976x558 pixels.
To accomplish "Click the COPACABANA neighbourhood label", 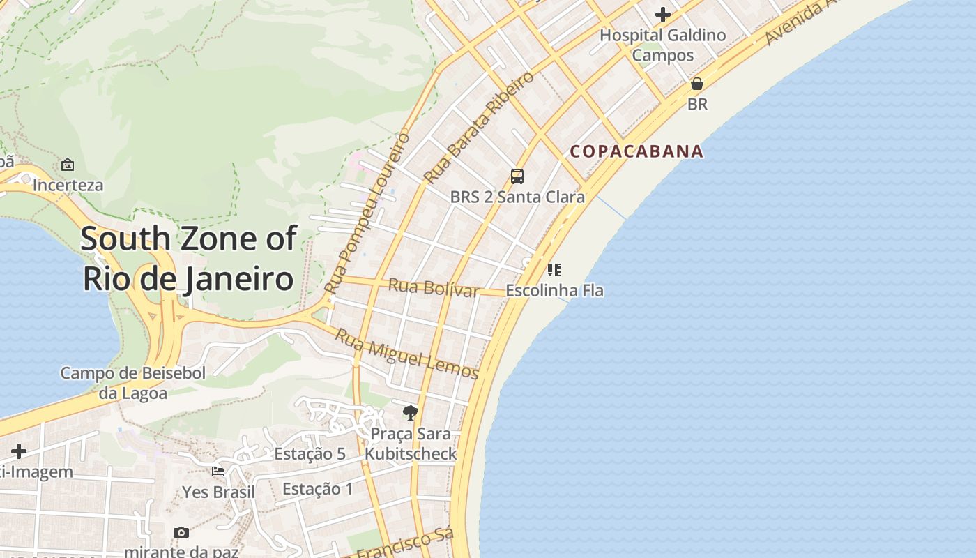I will [x=636, y=151].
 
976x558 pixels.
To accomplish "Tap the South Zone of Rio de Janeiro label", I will [x=188, y=258].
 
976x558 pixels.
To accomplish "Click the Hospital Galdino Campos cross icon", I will [x=662, y=14].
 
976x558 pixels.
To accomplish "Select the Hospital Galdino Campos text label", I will [x=662, y=45].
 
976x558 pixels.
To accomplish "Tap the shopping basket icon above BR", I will [x=696, y=84].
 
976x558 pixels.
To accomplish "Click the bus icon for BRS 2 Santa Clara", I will [x=517, y=176].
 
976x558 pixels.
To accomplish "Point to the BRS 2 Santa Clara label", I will [x=517, y=197].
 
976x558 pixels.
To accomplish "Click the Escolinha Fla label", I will [x=554, y=290].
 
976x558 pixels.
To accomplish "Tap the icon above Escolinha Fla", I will [x=554, y=269].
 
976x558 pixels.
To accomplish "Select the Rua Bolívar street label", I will [x=433, y=287].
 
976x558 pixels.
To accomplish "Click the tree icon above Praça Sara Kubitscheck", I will [x=411, y=413].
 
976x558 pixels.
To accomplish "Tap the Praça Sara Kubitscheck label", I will [x=411, y=444].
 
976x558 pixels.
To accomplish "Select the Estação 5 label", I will [x=310, y=454].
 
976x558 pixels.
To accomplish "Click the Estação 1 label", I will [x=318, y=489].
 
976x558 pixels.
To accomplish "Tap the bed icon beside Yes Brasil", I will [x=218, y=471].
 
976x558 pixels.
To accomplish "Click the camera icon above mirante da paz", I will [x=181, y=532].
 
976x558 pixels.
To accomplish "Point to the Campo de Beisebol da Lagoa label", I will [x=132, y=383].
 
